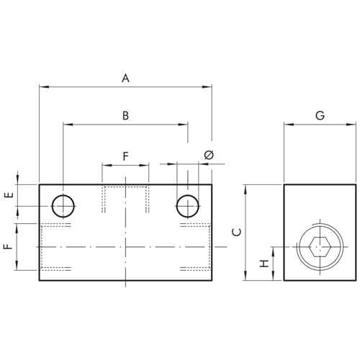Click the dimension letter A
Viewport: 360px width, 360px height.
(125, 78)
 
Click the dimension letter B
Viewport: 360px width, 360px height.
(125, 116)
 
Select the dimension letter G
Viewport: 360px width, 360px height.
(320, 116)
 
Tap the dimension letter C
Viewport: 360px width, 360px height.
(237, 233)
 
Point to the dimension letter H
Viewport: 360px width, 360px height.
(264, 264)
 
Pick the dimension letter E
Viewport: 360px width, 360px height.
(9, 195)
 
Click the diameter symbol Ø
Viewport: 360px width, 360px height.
(209, 155)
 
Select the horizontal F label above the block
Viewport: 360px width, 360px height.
(125, 156)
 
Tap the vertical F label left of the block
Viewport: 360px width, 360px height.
(9, 246)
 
